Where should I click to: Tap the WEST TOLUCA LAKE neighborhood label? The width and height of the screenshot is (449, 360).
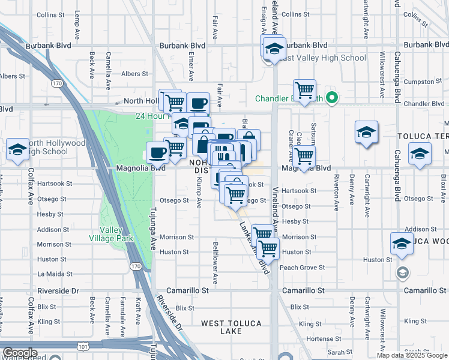(x=231, y=327)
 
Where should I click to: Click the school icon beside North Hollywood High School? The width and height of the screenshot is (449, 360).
(x=17, y=151)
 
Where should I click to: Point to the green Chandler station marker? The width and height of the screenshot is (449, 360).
(x=331, y=98)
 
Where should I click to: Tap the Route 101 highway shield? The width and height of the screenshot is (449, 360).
(x=83, y=346)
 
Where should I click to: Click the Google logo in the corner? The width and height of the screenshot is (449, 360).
(x=19, y=353)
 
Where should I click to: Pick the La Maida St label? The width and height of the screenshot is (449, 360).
(x=55, y=274)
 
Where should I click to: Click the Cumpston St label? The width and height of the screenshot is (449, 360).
(x=420, y=82)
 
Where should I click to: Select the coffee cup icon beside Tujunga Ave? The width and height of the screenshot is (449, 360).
(x=158, y=152)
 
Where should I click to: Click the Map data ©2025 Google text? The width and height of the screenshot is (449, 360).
(x=411, y=355)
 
